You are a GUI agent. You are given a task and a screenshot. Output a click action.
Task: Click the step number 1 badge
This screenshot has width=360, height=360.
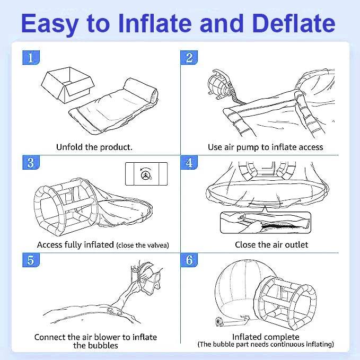(30, 57)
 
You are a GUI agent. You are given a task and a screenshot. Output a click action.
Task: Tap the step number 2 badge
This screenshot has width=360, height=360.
(189, 57)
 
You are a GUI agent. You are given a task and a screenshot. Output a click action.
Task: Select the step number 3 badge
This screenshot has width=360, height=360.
(30, 162)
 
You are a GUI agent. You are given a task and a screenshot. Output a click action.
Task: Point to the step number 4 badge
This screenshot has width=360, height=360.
(189, 162)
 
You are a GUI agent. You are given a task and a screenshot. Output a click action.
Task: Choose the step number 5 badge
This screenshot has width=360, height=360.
(30, 260)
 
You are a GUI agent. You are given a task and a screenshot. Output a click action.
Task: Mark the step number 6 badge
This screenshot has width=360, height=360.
(189, 260)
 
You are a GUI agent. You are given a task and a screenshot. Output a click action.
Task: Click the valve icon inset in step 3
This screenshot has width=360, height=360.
(146, 174)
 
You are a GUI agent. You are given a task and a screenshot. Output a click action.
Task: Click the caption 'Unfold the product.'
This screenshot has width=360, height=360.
(94, 147)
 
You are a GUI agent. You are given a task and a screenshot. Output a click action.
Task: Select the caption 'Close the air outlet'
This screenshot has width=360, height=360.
(271, 244)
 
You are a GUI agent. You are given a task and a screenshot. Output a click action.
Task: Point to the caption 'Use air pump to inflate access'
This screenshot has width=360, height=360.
(265, 147)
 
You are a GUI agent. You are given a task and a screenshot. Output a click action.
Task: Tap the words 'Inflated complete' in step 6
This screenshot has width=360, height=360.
(266, 337)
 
